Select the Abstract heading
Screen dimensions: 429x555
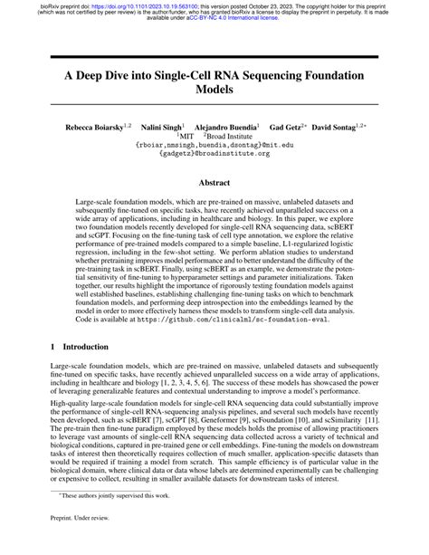[214, 181]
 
